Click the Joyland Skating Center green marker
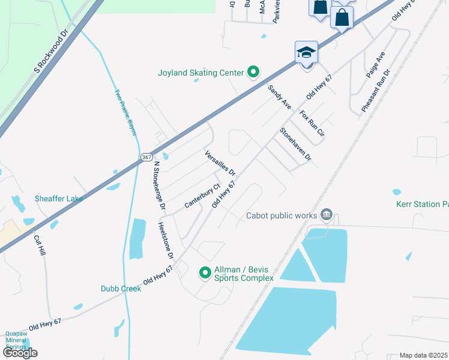pos(253,73)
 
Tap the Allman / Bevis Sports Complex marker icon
pos(205,272)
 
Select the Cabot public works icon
pos(327,215)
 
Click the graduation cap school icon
pos(306,53)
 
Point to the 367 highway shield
pos(146,157)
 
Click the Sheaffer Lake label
pos(59,199)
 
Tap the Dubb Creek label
pos(121,289)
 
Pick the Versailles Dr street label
pos(220,163)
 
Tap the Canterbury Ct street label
pos(199,196)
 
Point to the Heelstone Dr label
pos(166,241)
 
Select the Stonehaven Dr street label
pos(295,144)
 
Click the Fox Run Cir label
pos(312,124)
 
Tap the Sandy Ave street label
pos(279,97)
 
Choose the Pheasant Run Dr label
pos(376,90)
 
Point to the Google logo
pos(20,353)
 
